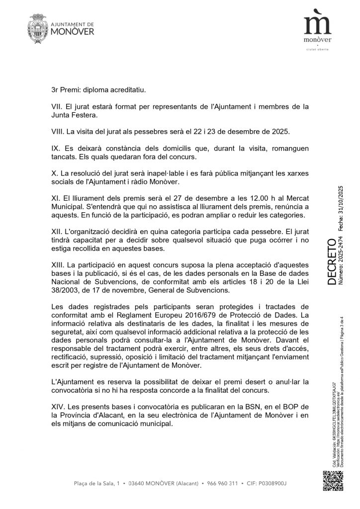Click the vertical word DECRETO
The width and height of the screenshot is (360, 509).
click(x=332, y=262)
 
